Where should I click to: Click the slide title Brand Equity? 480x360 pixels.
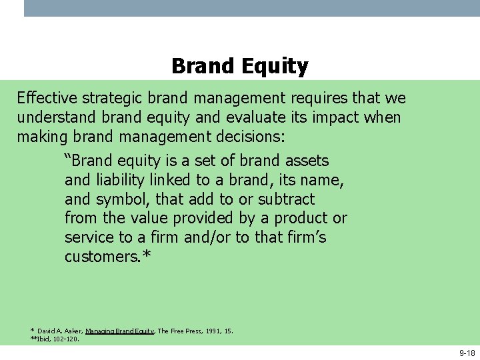(239, 66)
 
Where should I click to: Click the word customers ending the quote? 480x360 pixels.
(104, 257)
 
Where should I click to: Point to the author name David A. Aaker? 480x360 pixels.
(59, 331)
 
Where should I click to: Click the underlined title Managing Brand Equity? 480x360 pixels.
(120, 331)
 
